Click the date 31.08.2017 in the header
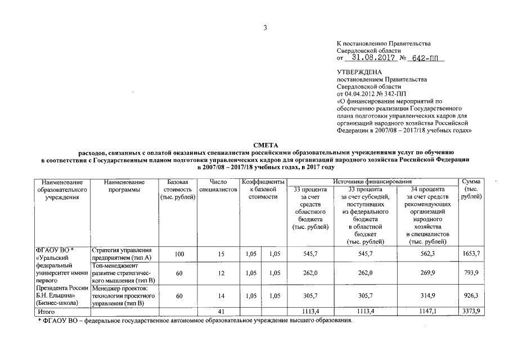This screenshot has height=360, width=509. [368, 57]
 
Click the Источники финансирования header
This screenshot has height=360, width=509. [373, 182]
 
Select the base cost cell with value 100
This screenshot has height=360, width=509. [179, 255]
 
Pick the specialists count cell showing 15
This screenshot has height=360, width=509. [221, 255]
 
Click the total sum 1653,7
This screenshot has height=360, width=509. [471, 255]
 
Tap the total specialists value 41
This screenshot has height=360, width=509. [221, 311]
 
